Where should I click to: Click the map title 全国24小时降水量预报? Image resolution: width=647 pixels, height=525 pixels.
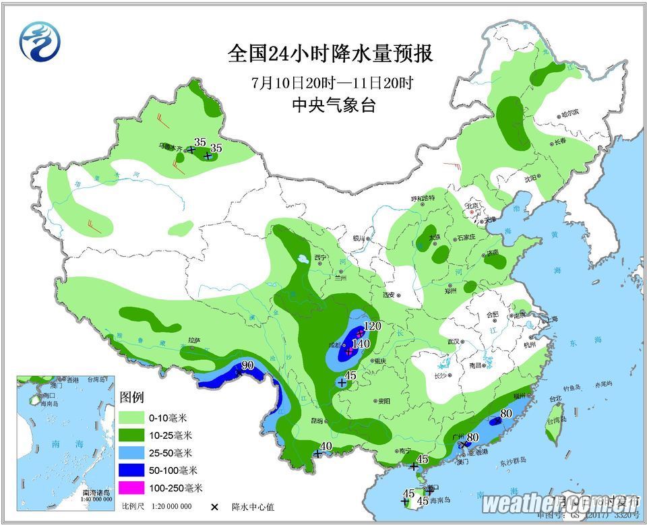[x=330, y=54]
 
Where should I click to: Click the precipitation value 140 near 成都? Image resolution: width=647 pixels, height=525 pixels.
[x=361, y=344]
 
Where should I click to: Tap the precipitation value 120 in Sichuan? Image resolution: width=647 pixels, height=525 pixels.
[x=372, y=327]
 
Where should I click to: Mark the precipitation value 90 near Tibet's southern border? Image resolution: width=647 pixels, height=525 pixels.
[x=247, y=365]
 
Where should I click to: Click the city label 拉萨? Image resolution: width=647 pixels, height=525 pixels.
[x=195, y=341]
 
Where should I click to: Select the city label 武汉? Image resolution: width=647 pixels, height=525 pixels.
[x=452, y=342]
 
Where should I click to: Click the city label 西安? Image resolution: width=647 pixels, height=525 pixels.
[x=392, y=295]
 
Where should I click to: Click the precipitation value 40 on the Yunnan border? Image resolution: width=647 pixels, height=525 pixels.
[x=326, y=446]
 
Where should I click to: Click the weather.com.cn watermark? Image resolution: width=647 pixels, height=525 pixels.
[x=559, y=503]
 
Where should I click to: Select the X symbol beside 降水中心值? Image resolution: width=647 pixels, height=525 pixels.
[x=215, y=507]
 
